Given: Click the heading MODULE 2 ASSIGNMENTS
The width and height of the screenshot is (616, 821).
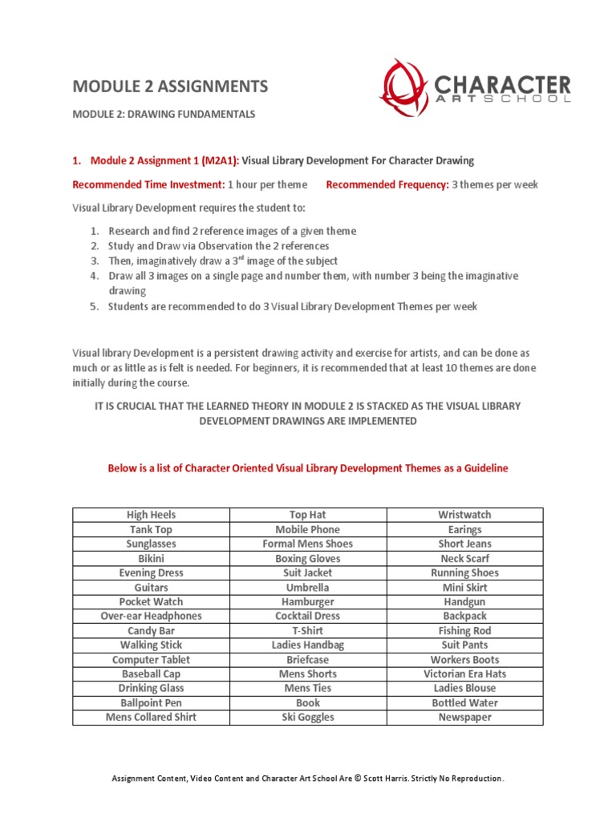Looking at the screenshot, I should coord(170,87).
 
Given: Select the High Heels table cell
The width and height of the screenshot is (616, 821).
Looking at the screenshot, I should coord(151,515).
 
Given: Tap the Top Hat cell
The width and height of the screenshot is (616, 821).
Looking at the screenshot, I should coord(307,515).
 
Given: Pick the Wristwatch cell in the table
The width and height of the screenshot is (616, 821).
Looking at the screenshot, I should coord(464,515).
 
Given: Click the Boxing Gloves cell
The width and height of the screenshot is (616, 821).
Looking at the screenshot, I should coord(307,558).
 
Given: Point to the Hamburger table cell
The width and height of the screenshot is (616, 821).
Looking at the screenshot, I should coord(307,601).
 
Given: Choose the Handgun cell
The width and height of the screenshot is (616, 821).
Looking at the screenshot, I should coord(464,601).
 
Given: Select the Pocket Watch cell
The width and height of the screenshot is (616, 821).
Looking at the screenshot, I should coord(151,601).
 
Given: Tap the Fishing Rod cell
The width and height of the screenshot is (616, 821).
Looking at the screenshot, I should coord(464,630).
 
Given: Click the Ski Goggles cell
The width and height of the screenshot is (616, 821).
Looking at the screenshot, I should coord(307,717).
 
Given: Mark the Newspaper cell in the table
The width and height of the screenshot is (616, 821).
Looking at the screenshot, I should coord(464,717).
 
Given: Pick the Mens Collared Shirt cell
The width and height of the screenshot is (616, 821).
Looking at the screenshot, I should coord(151,717).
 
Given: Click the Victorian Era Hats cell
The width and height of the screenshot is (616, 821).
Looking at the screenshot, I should coord(464,673).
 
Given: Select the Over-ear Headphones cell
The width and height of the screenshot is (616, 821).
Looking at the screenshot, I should coord(151,616).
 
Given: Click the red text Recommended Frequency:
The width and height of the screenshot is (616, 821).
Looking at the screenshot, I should coord(387,184).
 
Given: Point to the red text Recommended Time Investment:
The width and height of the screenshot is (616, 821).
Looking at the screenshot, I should coord(148,184).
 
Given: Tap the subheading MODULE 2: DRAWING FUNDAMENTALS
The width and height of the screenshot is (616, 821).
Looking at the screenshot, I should coord(164,115).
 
